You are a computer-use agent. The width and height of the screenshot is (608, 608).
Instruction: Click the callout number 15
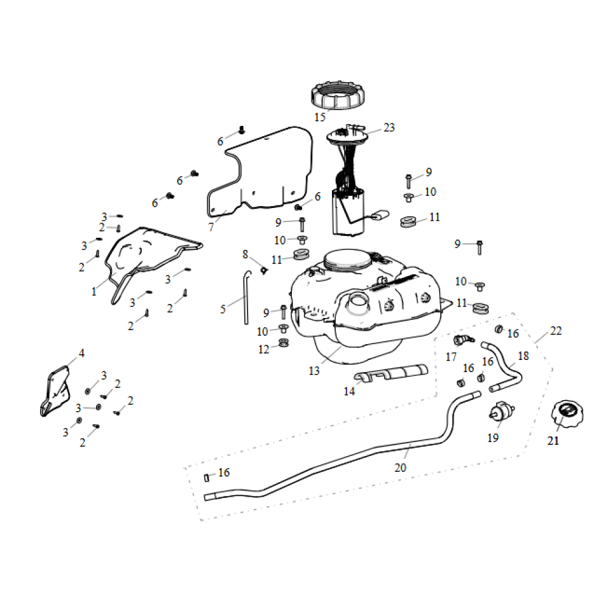coord(320,117)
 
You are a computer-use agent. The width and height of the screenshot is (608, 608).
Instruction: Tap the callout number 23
coord(389,128)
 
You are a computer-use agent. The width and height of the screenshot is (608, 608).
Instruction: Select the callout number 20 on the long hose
coord(400,468)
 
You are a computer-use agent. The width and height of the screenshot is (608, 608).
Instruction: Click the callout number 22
coord(556,331)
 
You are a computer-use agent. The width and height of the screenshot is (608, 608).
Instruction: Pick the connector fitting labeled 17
coord(463,339)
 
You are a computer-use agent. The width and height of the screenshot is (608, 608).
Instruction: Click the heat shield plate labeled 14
coord(392,371)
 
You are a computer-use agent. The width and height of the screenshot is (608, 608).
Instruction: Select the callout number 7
coord(211,227)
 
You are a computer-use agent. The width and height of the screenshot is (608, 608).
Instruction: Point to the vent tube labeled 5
coord(246,298)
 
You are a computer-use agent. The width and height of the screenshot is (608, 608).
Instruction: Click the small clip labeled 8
coord(263,268)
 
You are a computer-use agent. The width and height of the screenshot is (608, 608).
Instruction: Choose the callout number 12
coord(263,349)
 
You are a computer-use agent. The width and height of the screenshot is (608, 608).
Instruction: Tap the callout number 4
coord(81,353)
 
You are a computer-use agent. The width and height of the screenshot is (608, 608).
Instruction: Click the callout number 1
coord(94,292)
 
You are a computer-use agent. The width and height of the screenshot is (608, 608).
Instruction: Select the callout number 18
coord(523,356)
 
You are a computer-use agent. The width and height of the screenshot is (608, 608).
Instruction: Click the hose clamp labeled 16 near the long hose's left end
coord(206,477)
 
